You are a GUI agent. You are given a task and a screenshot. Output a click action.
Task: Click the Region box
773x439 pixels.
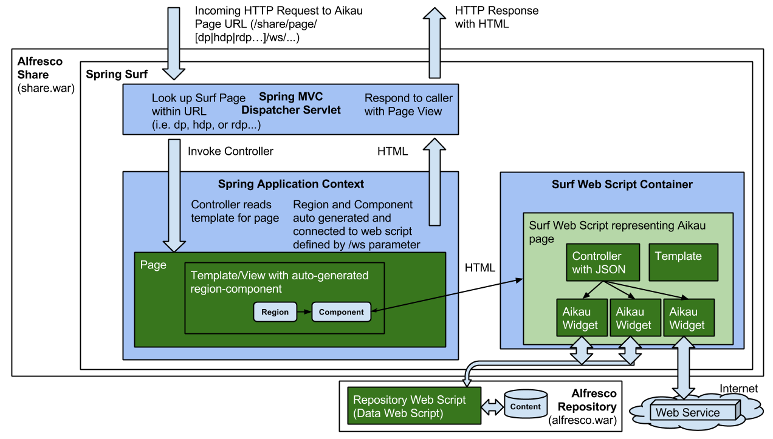275,312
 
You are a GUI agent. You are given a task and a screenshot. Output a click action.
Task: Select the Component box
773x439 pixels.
341,312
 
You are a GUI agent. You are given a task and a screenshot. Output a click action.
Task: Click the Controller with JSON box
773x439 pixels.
602,263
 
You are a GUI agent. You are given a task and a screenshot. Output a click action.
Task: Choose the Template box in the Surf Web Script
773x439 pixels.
684,262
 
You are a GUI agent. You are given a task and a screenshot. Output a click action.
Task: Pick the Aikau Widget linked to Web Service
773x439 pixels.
688,318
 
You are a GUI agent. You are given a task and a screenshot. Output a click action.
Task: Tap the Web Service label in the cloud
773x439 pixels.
687,413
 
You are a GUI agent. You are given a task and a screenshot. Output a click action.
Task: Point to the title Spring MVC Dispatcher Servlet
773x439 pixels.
290,103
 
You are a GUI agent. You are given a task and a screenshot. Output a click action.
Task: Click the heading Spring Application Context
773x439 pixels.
290,184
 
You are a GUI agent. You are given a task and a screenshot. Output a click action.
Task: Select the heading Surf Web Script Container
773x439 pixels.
622,185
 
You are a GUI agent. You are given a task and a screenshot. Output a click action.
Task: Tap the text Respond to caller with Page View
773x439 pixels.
408,104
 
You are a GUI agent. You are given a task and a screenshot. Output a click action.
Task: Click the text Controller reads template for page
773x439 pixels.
235,211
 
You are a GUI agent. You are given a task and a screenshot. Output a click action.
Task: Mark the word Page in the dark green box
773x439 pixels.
153,265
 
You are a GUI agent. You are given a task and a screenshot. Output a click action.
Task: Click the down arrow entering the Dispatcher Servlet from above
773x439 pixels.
174,43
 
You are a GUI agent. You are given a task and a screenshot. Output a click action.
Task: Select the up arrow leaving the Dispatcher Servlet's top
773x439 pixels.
435,43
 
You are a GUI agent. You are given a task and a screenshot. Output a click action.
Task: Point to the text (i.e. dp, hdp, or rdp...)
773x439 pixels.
205,125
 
